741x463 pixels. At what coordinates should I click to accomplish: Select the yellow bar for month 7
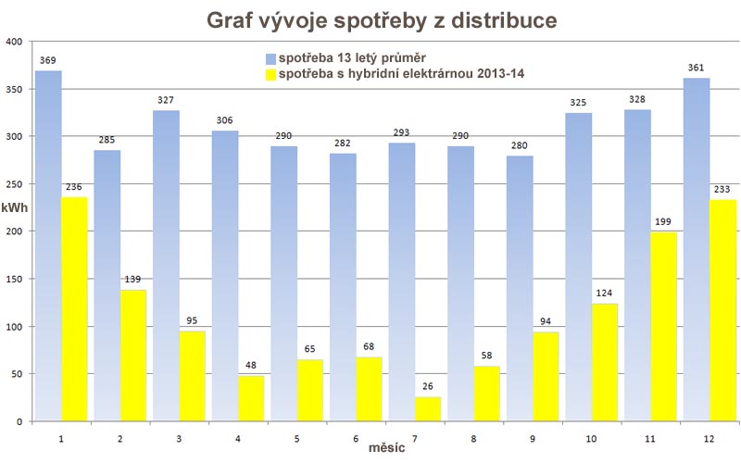(428, 408)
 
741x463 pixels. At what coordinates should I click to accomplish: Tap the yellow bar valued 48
(251, 398)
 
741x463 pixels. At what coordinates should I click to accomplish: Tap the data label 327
(166, 102)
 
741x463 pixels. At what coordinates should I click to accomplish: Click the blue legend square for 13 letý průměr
(271, 57)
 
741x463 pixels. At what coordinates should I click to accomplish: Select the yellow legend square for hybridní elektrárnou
(271, 74)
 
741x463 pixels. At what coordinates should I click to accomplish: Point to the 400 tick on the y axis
(14, 42)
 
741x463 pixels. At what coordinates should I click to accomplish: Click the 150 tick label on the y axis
(14, 279)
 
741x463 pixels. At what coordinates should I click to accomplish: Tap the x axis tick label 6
(357, 433)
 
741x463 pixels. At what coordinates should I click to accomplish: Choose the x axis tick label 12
(710, 433)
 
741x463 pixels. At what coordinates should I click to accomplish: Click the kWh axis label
(14, 207)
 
